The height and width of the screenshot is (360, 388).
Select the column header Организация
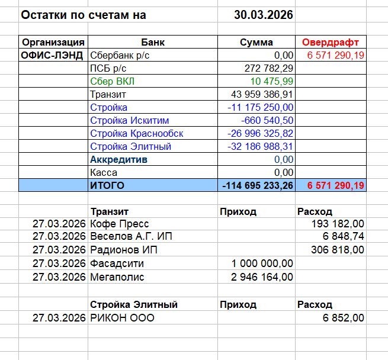(53, 43)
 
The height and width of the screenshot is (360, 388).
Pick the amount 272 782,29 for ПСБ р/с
(269, 68)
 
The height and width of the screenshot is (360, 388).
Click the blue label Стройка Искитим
(129, 120)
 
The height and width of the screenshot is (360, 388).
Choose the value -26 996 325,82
(261, 133)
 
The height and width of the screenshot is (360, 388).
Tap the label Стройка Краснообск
(136, 133)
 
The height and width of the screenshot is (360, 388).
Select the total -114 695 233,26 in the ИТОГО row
(258, 186)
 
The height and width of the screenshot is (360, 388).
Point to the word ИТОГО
(107, 186)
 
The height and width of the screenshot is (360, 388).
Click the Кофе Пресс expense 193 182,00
(338, 224)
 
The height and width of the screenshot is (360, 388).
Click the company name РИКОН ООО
(121, 318)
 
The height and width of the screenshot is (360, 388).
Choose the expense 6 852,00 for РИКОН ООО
(344, 318)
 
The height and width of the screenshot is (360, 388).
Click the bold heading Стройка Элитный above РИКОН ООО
(134, 305)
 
